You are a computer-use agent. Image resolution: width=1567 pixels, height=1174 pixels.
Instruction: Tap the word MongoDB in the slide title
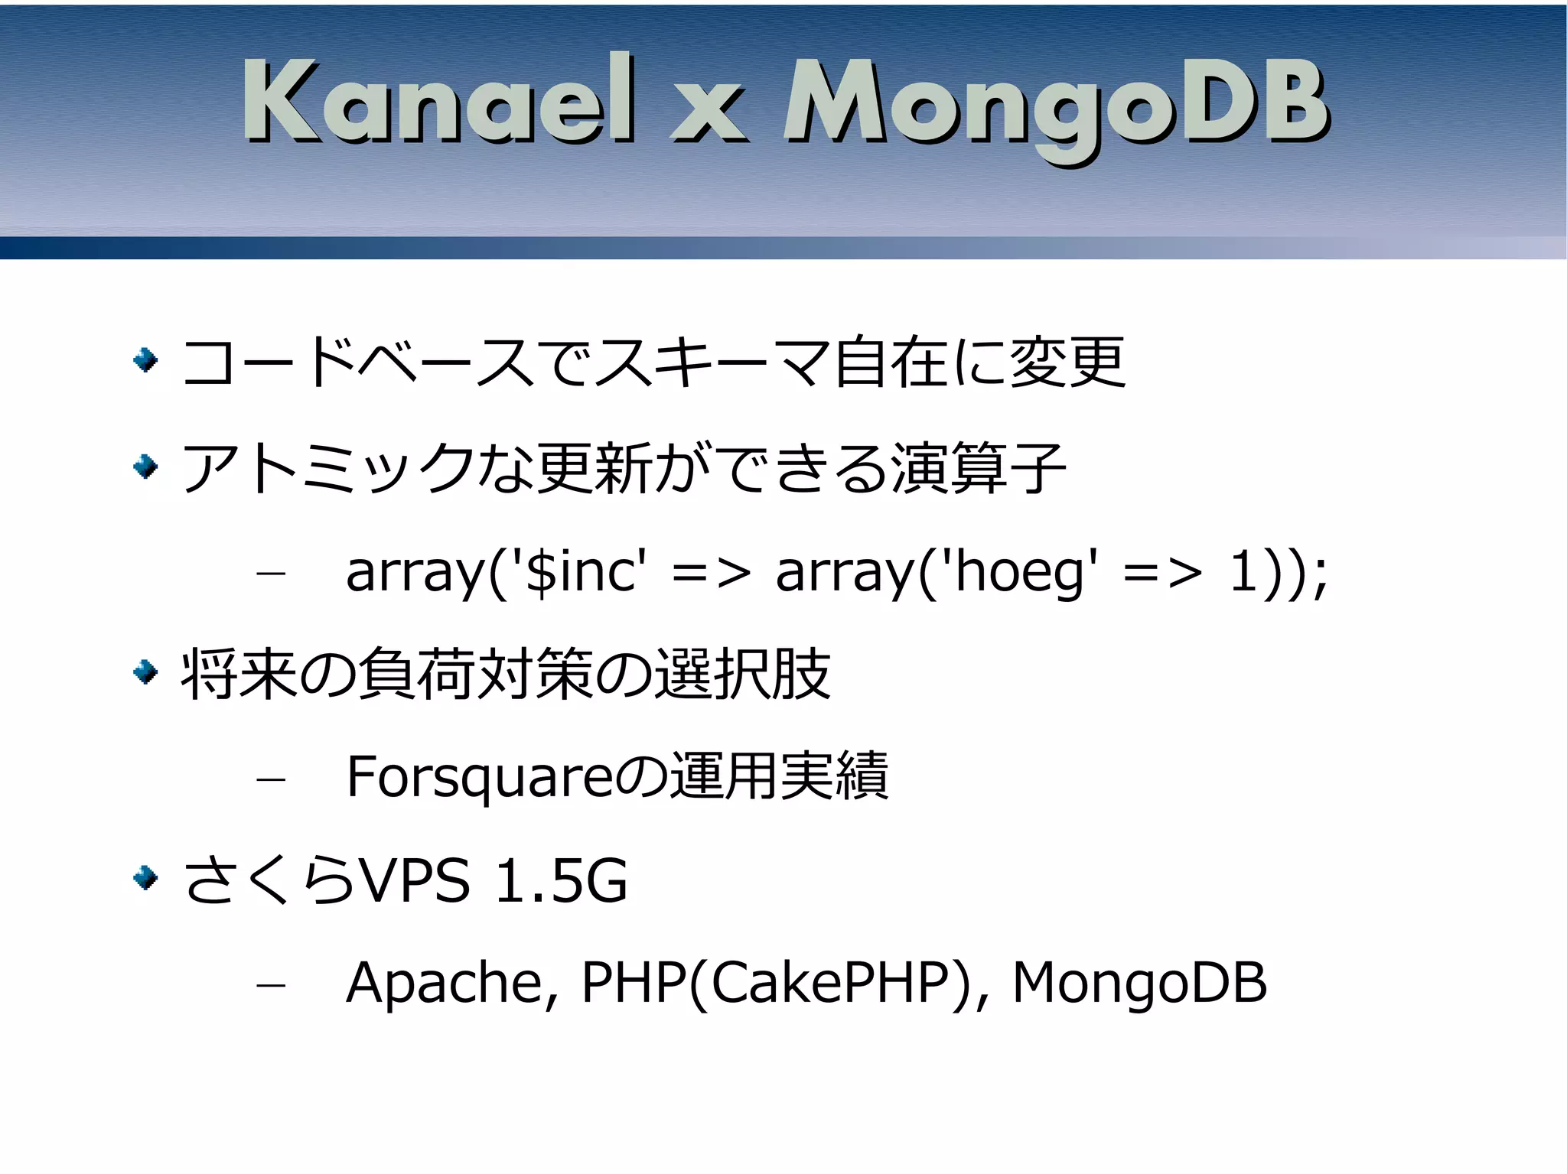click(1056, 107)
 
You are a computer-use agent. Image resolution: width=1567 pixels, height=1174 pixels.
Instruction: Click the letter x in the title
click(709, 115)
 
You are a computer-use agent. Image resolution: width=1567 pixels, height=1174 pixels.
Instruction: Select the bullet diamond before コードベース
click(145, 359)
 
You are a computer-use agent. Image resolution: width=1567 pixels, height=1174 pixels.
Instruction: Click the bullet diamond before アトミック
click(145, 466)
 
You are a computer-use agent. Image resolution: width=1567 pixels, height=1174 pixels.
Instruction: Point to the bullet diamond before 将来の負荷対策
click(145, 672)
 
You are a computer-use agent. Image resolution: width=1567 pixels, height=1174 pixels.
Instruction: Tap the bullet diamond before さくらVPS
click(145, 878)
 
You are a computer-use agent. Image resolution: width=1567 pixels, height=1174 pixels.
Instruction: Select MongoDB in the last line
click(1139, 983)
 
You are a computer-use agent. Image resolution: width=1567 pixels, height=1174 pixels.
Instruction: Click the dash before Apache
click(271, 985)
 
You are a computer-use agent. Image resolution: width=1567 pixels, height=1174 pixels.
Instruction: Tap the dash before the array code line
click(271, 574)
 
